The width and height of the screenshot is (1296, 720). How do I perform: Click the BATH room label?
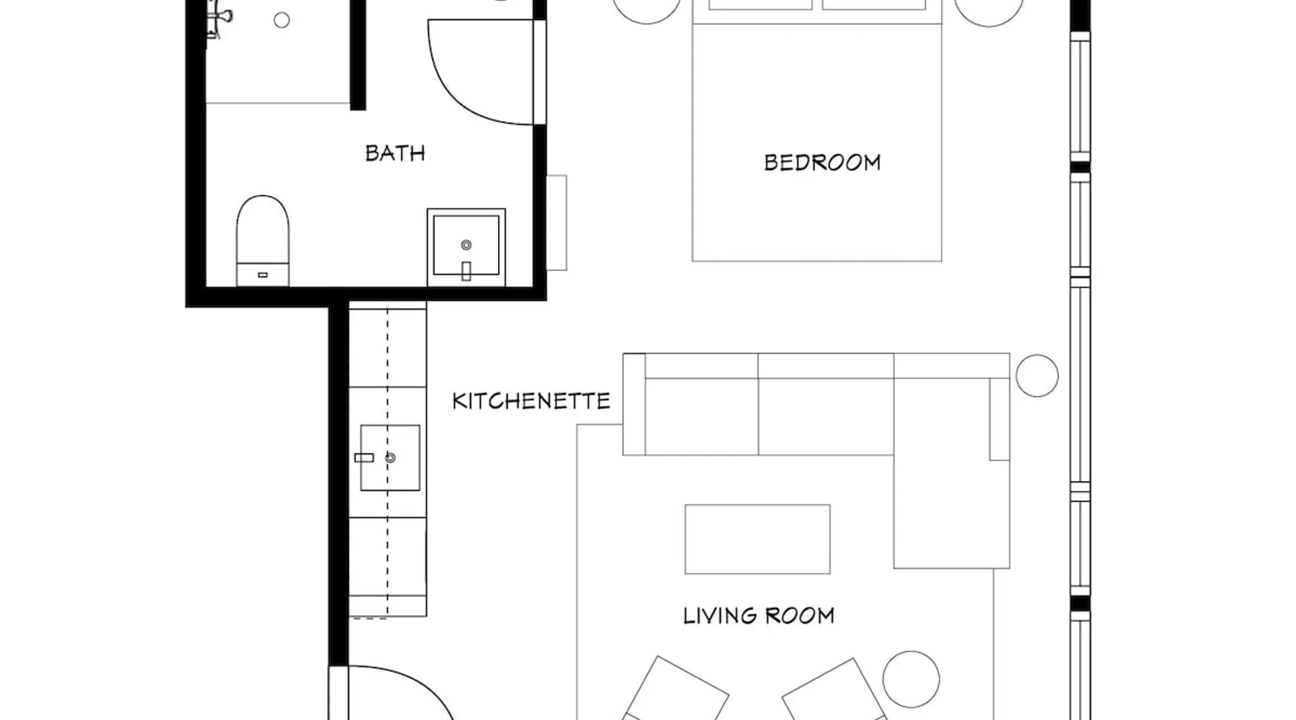pos(395,153)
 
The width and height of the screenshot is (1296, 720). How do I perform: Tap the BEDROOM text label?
pos(822,163)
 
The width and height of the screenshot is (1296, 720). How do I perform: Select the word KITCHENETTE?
pos(531,401)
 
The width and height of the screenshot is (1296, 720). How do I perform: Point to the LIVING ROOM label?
pos(759,616)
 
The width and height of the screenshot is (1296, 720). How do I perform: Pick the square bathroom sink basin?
pos(466,246)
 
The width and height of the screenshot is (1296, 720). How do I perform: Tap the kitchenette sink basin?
pos(390,458)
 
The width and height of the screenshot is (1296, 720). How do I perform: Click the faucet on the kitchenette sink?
pos(364,458)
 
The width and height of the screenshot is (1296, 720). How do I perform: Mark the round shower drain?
pos(282,20)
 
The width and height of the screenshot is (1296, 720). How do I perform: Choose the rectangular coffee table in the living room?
pos(757,539)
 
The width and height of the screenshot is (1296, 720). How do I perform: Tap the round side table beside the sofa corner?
pos(1037,376)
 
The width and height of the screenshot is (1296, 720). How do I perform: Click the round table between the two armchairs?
pos(911,679)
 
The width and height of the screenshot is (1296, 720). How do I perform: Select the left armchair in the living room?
pos(675,689)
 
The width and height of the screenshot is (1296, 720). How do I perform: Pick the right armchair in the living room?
pos(834,689)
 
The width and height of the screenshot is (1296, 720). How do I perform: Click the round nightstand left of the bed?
pos(647,12)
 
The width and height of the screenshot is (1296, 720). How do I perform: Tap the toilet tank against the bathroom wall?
pos(263,274)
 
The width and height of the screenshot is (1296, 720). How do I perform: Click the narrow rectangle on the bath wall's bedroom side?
pos(557,222)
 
